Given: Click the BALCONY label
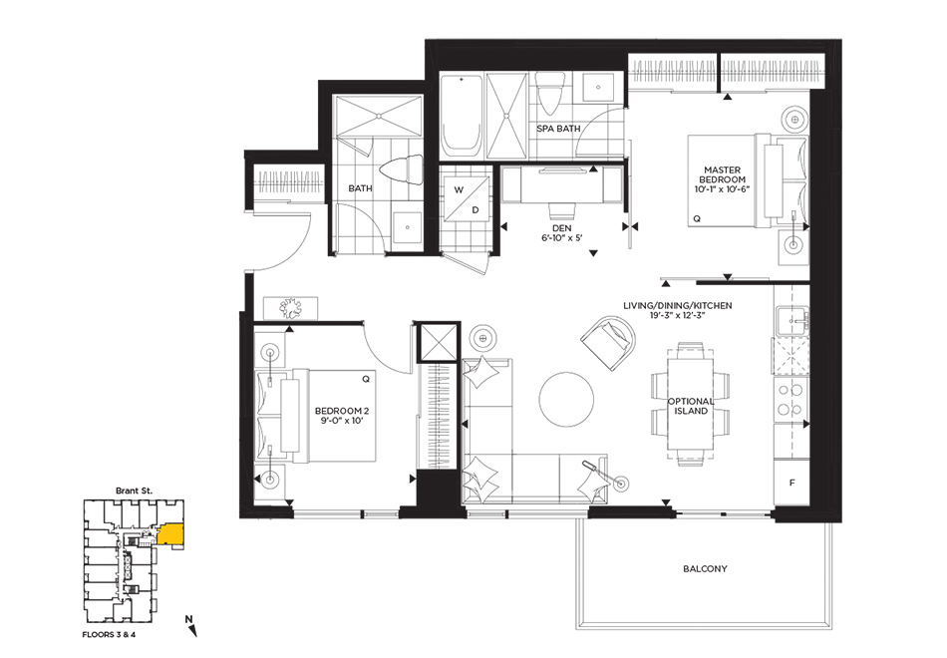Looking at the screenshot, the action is (x=705, y=568).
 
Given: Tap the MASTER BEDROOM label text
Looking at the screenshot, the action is (x=723, y=174).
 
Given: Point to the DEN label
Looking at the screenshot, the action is (x=561, y=228).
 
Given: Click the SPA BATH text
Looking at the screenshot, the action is (x=558, y=129).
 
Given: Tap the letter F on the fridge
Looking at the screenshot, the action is (x=792, y=483).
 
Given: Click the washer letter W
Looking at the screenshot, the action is (x=459, y=189).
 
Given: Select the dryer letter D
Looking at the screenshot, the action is (x=475, y=210).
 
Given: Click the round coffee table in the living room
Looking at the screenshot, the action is (x=566, y=400).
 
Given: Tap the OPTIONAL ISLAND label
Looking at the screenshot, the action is (x=691, y=406).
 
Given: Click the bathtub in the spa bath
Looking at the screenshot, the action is (x=462, y=116).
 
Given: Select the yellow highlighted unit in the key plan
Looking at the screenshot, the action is (x=170, y=534).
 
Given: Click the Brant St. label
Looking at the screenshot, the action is (x=134, y=491).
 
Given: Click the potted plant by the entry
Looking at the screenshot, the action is (x=293, y=307).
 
